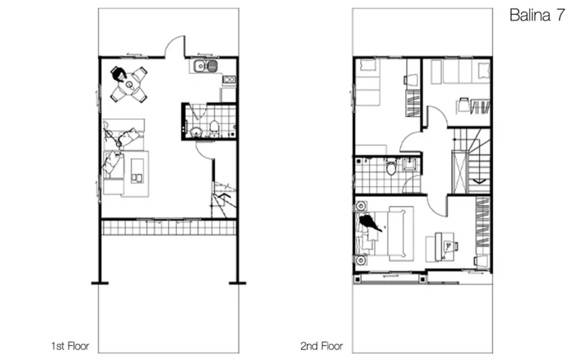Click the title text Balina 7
tap(537, 15)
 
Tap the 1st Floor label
tap(70, 346)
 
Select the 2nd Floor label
tap(321, 346)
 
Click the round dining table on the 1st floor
tap(129, 85)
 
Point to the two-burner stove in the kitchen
tap(228, 79)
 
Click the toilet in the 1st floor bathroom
tap(215, 126)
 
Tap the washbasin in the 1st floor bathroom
tap(196, 132)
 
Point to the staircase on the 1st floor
tap(224, 199)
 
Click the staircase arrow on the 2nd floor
tap(479, 181)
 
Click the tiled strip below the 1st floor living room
tap(168, 227)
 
